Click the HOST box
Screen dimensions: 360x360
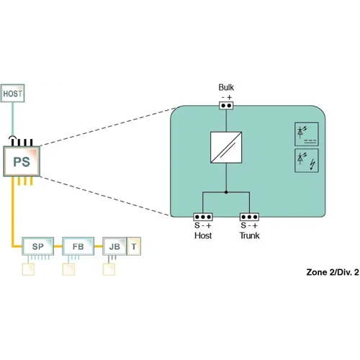click(13, 93)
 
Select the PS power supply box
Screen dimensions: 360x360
click(22, 161)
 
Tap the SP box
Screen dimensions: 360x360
click(38, 246)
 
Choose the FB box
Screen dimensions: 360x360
click(78, 246)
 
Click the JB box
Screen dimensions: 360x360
click(114, 246)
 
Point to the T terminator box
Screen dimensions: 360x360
click(135, 246)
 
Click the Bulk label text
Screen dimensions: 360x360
click(227, 88)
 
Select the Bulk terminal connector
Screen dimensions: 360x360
click(227, 104)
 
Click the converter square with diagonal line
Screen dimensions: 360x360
click(226, 148)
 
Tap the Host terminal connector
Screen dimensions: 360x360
click(204, 216)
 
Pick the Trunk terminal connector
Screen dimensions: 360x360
click(250, 216)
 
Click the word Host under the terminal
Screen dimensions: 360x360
click(204, 235)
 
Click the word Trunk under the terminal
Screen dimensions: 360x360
click(250, 235)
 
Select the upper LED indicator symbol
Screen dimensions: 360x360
click(306, 135)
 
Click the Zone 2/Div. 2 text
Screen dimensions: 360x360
click(332, 274)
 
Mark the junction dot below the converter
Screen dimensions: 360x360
click(226, 192)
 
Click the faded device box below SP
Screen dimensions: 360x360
click(29, 270)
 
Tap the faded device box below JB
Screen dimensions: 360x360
click(109, 270)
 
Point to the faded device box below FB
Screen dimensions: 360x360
click(69, 270)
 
